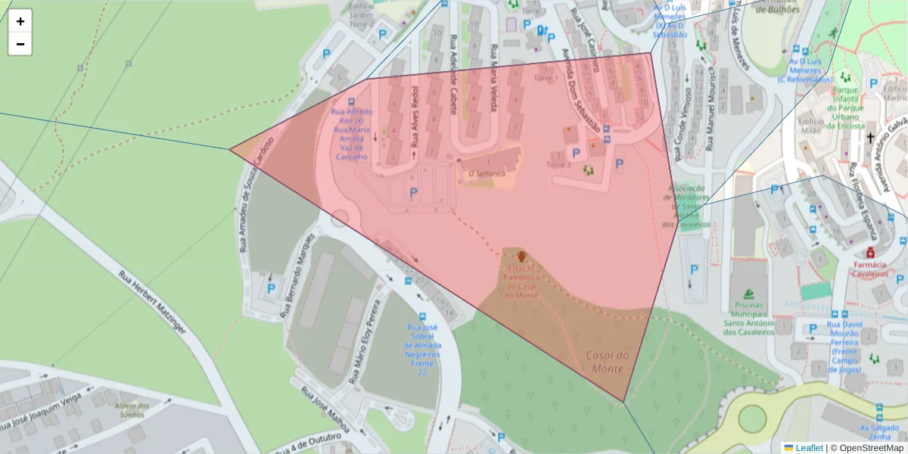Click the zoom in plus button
20,21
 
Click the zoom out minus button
20,44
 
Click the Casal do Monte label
607,362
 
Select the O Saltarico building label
487,174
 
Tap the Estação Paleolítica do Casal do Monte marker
522,257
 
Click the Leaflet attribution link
809,448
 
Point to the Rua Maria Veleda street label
494,76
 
